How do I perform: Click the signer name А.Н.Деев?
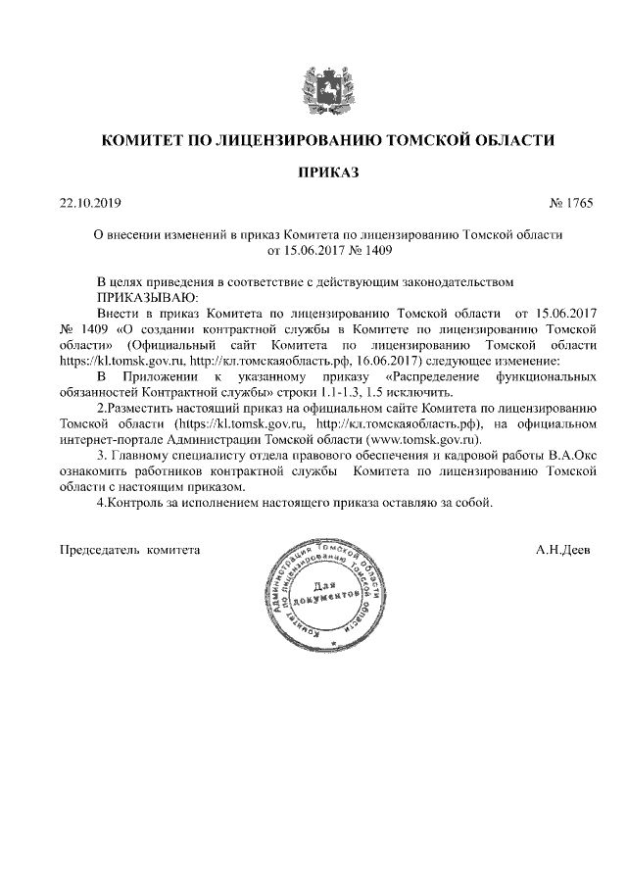click(x=563, y=550)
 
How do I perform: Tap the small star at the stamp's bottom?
click(x=333, y=644)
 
